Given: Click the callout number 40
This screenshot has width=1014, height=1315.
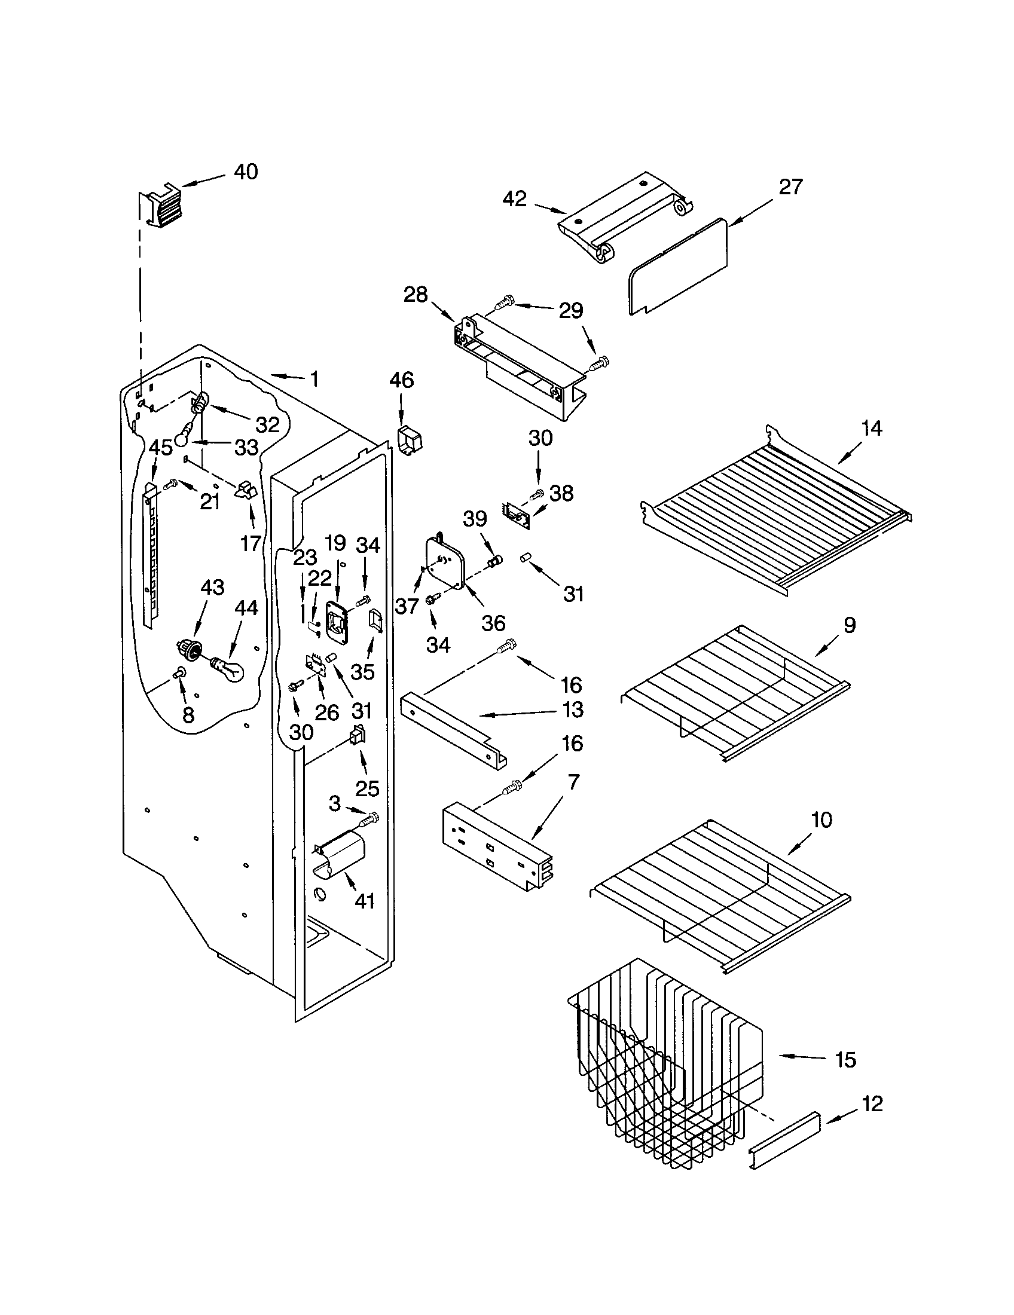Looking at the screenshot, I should pyautogui.click(x=246, y=172).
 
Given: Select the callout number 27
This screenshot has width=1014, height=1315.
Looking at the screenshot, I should pyautogui.click(x=790, y=187).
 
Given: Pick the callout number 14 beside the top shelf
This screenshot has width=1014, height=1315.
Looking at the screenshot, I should pyautogui.click(x=871, y=429).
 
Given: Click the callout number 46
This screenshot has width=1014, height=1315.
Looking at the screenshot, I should pyautogui.click(x=402, y=380).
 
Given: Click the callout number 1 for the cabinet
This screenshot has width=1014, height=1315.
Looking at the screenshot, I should pyautogui.click(x=314, y=379).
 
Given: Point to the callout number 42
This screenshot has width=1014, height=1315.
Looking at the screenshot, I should pyautogui.click(x=515, y=198).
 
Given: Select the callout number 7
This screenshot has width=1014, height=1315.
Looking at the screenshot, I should pyautogui.click(x=573, y=782).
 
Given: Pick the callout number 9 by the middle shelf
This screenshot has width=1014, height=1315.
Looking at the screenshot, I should pyautogui.click(x=849, y=626).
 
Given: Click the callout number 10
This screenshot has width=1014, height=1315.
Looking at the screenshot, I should pyautogui.click(x=822, y=819).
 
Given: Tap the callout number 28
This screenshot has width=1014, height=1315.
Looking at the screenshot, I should pyautogui.click(x=416, y=295).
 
